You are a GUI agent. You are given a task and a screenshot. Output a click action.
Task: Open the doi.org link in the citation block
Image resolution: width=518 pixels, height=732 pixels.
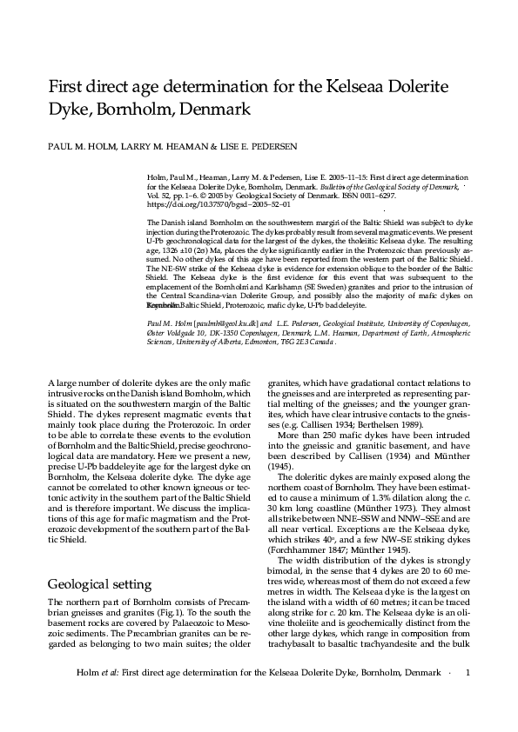point(205,203)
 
